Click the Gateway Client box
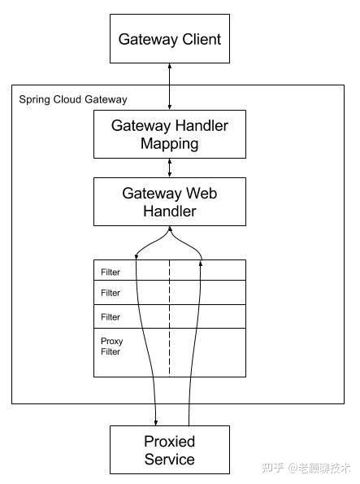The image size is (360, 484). [169, 39]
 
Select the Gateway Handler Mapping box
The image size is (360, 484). [169, 134]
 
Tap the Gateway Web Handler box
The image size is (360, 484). [169, 202]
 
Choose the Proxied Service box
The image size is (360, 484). [169, 450]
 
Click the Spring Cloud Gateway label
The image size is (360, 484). [72, 99]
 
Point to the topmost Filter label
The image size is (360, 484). [111, 273]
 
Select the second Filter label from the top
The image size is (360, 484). [111, 293]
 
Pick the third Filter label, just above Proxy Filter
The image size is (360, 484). [111, 317]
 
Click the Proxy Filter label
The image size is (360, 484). [111, 347]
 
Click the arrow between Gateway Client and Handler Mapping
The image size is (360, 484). [169, 85]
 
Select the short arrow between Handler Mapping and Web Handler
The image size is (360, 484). [169, 168]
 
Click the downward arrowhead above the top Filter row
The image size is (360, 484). [137, 257]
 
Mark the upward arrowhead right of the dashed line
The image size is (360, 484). [201, 257]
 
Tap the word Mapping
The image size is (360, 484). [169, 144]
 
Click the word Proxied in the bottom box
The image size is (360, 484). [169, 442]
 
